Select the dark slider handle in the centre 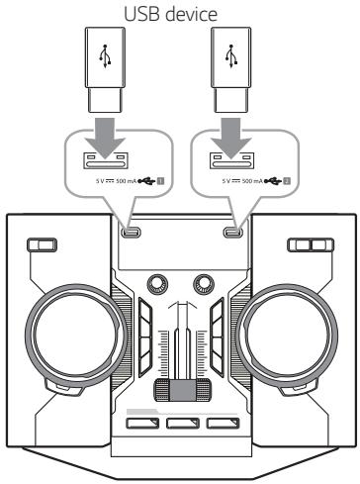pyautogui.click(x=179, y=387)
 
